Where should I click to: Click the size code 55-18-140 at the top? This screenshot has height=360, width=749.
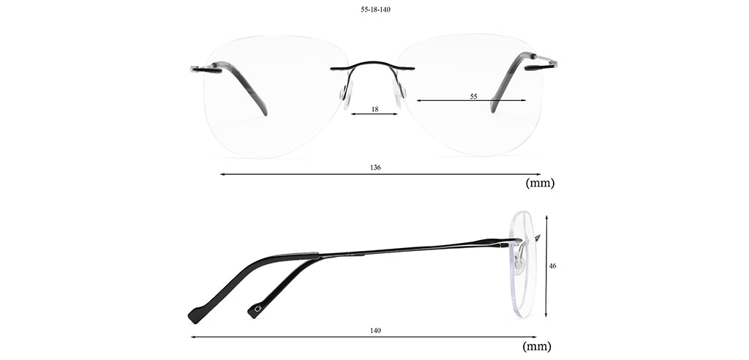375,10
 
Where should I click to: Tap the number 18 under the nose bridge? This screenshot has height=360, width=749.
375,109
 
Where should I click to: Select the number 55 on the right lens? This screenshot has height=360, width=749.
473,96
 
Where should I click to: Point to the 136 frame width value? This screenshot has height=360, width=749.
375,168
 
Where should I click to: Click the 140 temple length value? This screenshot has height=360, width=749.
375,330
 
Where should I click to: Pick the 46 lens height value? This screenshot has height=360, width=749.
552,266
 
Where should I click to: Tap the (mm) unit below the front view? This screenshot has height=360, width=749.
540,183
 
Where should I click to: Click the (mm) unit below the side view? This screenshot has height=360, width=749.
537,346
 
